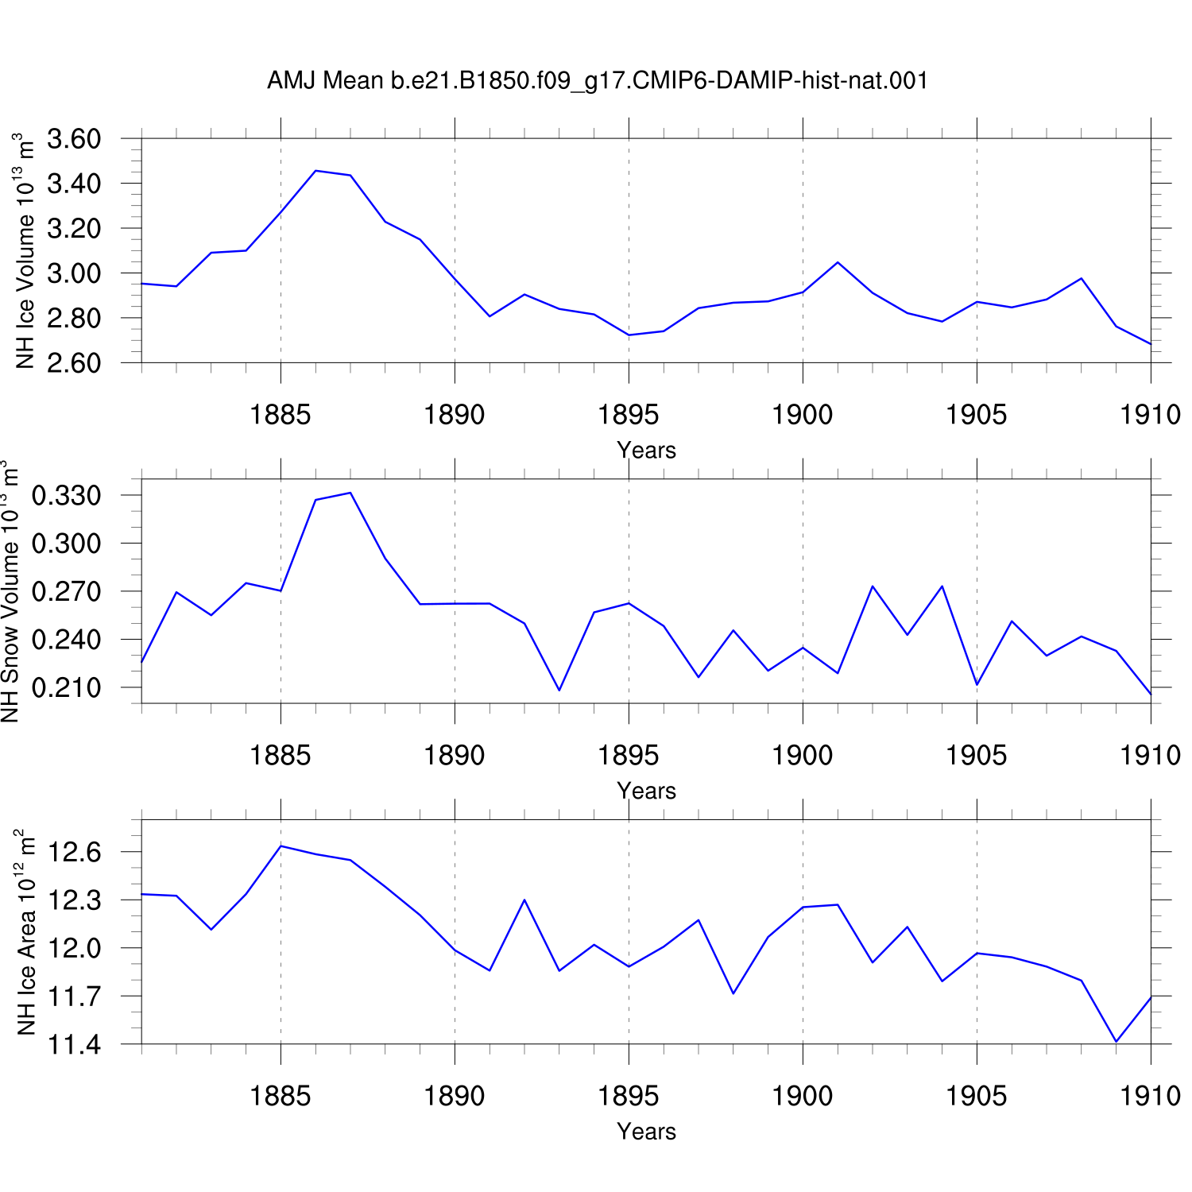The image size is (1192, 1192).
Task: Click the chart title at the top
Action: click(x=598, y=80)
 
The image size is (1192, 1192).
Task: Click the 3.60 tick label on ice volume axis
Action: click(x=74, y=139)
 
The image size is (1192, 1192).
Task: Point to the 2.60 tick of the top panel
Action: click(x=74, y=363)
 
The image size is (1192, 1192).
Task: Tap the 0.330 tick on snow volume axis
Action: click(x=67, y=495)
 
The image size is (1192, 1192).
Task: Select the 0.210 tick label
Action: click(x=67, y=687)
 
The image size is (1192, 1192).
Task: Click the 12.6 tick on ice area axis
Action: click(x=75, y=853)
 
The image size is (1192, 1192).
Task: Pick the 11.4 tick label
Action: click(x=75, y=1045)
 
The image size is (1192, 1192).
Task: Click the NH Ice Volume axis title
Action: click(x=25, y=250)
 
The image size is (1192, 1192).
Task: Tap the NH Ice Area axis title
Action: click(x=25, y=931)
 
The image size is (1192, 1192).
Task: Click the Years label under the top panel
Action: click(x=646, y=451)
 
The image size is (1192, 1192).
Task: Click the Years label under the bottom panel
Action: click(x=646, y=1132)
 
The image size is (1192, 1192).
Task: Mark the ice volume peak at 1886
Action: click(x=315, y=171)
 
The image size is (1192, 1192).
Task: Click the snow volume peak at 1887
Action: click(x=350, y=493)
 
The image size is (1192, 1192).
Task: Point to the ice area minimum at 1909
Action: click(x=1116, y=1042)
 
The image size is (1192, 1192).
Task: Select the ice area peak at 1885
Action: click(x=281, y=846)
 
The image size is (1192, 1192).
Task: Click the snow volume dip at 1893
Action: click(x=559, y=690)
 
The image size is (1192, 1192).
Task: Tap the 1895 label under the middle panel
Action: click(x=629, y=755)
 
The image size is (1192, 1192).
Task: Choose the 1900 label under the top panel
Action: click(x=803, y=414)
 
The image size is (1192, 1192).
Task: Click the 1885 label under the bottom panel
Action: click(x=281, y=1096)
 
